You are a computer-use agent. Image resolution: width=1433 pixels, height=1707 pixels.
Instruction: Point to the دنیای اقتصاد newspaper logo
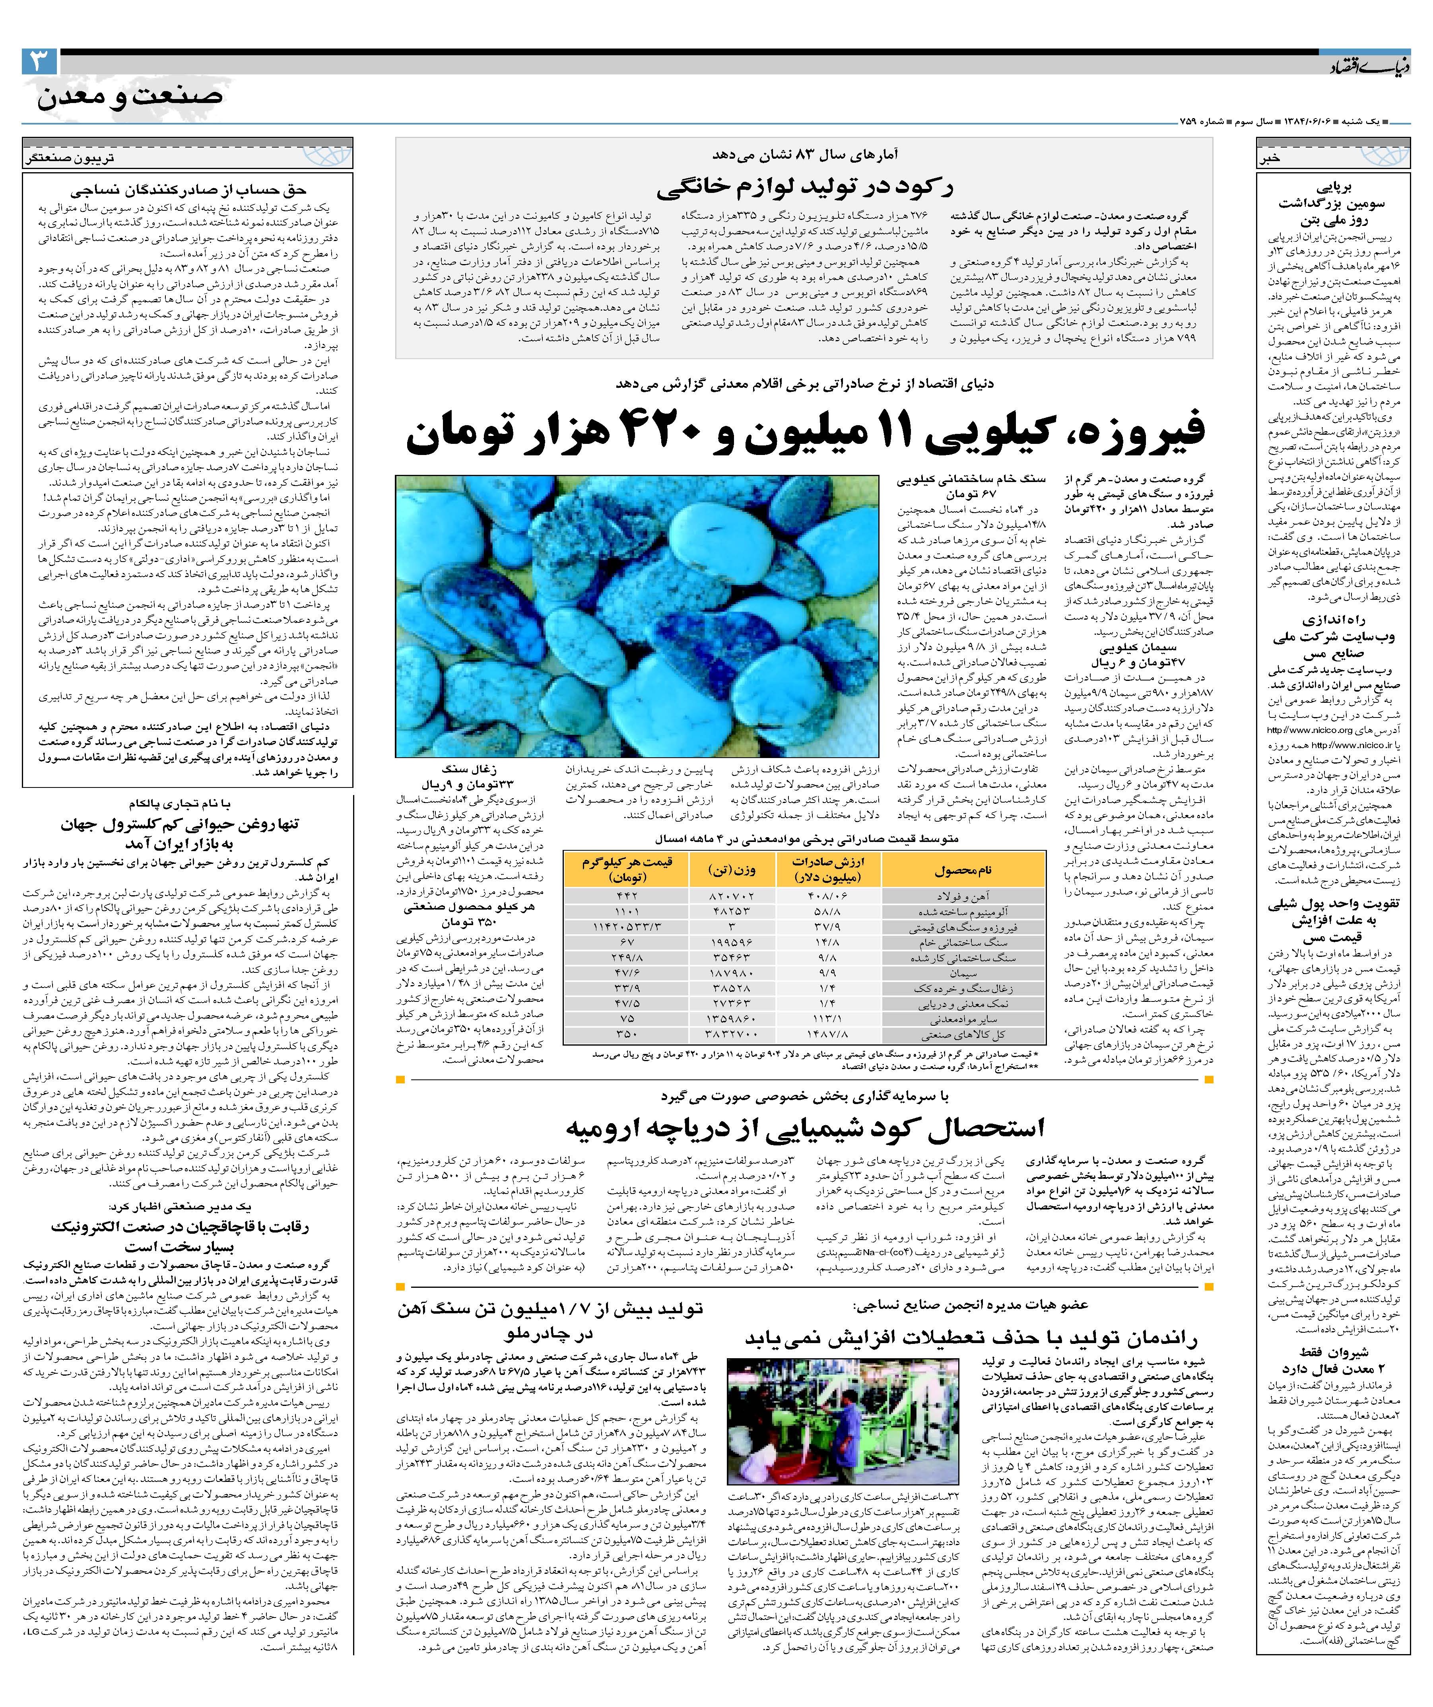pyautogui.click(x=1374, y=67)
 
